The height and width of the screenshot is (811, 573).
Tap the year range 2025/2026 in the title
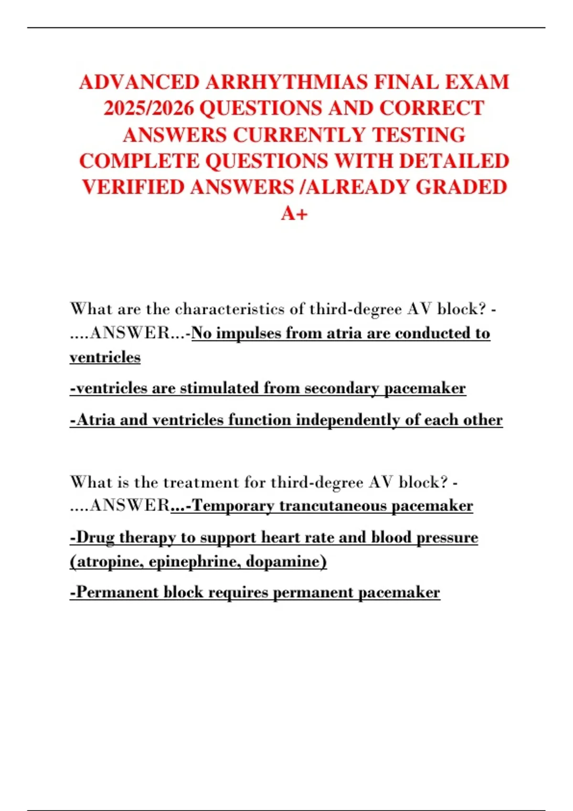149,108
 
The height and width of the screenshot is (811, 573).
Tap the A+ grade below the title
294,213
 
